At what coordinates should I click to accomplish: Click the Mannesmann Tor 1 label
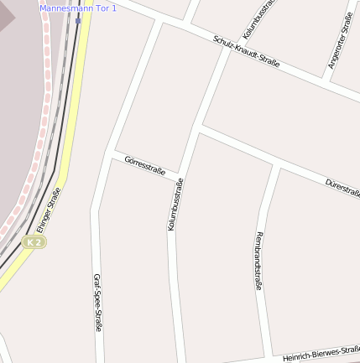[79, 8]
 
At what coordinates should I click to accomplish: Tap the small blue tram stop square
[78, 20]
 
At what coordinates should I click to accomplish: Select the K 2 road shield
[34, 241]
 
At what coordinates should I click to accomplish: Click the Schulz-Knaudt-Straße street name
[246, 51]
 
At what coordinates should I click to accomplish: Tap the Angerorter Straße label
[341, 40]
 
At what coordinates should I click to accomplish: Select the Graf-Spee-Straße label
[97, 302]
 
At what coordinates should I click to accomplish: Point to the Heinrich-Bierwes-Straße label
[321, 354]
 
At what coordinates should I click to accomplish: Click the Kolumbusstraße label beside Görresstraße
[175, 205]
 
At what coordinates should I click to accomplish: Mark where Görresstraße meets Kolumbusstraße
[181, 175]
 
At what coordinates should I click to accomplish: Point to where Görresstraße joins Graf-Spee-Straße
[112, 153]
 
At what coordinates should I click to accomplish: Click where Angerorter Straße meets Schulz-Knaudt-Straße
[328, 82]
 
